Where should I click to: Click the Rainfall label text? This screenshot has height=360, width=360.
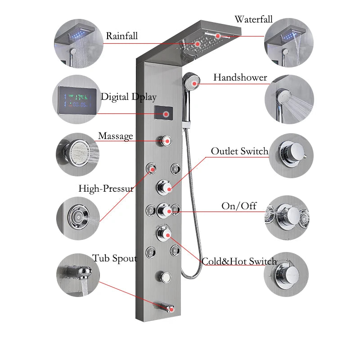point(122,36)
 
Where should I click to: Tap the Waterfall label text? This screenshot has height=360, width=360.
point(253,19)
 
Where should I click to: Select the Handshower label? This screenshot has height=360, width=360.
point(240,77)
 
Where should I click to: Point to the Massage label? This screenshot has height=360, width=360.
point(116,135)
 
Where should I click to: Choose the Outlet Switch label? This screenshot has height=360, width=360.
point(239,151)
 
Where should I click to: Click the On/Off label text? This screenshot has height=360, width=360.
point(239,206)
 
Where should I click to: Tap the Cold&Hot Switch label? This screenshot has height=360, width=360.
point(239,261)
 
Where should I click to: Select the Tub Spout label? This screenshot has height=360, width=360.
point(115,258)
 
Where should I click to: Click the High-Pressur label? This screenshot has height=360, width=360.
point(106,189)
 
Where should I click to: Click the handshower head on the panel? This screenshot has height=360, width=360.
point(193,81)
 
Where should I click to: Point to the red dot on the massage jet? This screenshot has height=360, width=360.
point(166,141)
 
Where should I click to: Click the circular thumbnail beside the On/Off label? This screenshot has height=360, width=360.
point(287,217)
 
